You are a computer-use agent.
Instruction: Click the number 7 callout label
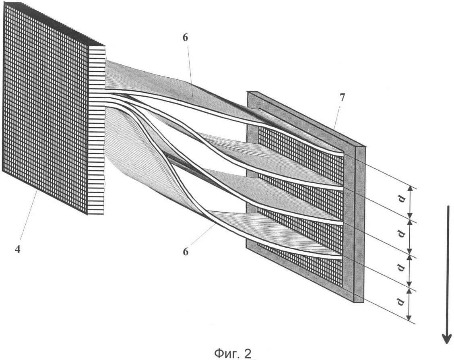click(x=342, y=98)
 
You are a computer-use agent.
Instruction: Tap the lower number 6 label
click(x=186, y=251)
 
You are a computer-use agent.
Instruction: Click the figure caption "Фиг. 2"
click(x=233, y=353)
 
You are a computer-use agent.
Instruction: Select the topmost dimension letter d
click(x=402, y=200)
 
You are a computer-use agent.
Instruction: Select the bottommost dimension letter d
click(x=402, y=302)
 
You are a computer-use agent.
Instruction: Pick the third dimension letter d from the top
click(x=402, y=268)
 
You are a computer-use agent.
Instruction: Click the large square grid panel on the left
click(x=45, y=107)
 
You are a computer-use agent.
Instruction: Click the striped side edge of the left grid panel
click(x=96, y=130)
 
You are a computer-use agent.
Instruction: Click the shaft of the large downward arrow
click(x=448, y=270)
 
